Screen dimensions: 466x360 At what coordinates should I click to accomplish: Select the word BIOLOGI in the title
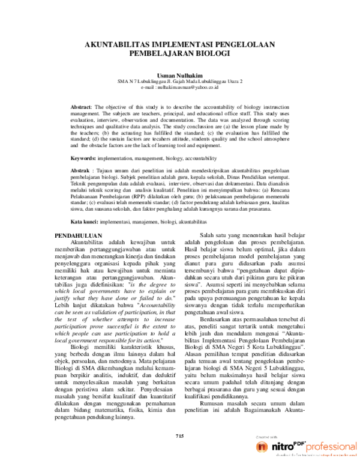211,53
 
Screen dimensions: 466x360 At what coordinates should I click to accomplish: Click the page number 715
180,435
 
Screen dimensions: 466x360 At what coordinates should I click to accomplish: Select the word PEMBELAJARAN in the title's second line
161,53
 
